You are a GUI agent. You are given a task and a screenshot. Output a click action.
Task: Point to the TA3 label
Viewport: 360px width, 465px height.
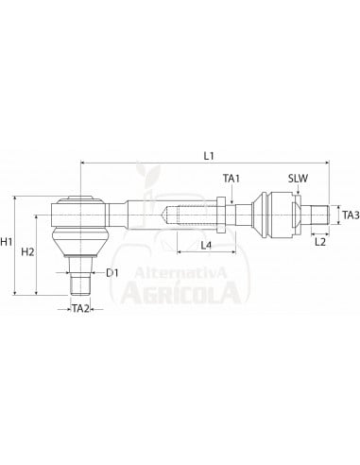(350, 215)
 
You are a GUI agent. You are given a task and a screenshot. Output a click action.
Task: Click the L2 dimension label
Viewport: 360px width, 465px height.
(319, 242)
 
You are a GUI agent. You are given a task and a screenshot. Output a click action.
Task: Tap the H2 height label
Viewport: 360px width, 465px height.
(29, 251)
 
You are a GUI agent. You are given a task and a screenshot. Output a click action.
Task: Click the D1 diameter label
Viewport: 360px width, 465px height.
(111, 273)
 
